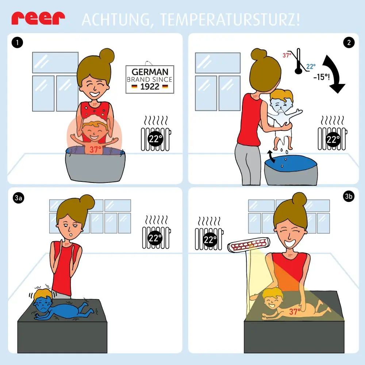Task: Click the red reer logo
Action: click(x=38, y=19)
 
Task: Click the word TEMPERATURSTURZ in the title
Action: click(x=230, y=20)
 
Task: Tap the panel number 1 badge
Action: click(x=17, y=43)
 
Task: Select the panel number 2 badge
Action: click(x=349, y=43)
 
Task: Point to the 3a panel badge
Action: click(x=18, y=198)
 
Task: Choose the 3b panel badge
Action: click(x=349, y=196)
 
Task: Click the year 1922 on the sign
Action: click(x=150, y=87)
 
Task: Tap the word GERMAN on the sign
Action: click(x=150, y=72)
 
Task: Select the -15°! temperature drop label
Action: click(x=322, y=77)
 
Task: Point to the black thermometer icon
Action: click(x=298, y=61)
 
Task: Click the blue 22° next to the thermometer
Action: click(x=311, y=66)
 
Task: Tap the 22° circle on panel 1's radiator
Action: click(x=155, y=139)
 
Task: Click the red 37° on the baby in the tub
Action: click(x=95, y=149)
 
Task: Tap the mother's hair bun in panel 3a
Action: click(x=87, y=201)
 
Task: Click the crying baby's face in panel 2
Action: click(x=280, y=106)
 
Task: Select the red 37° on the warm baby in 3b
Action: click(x=295, y=311)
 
